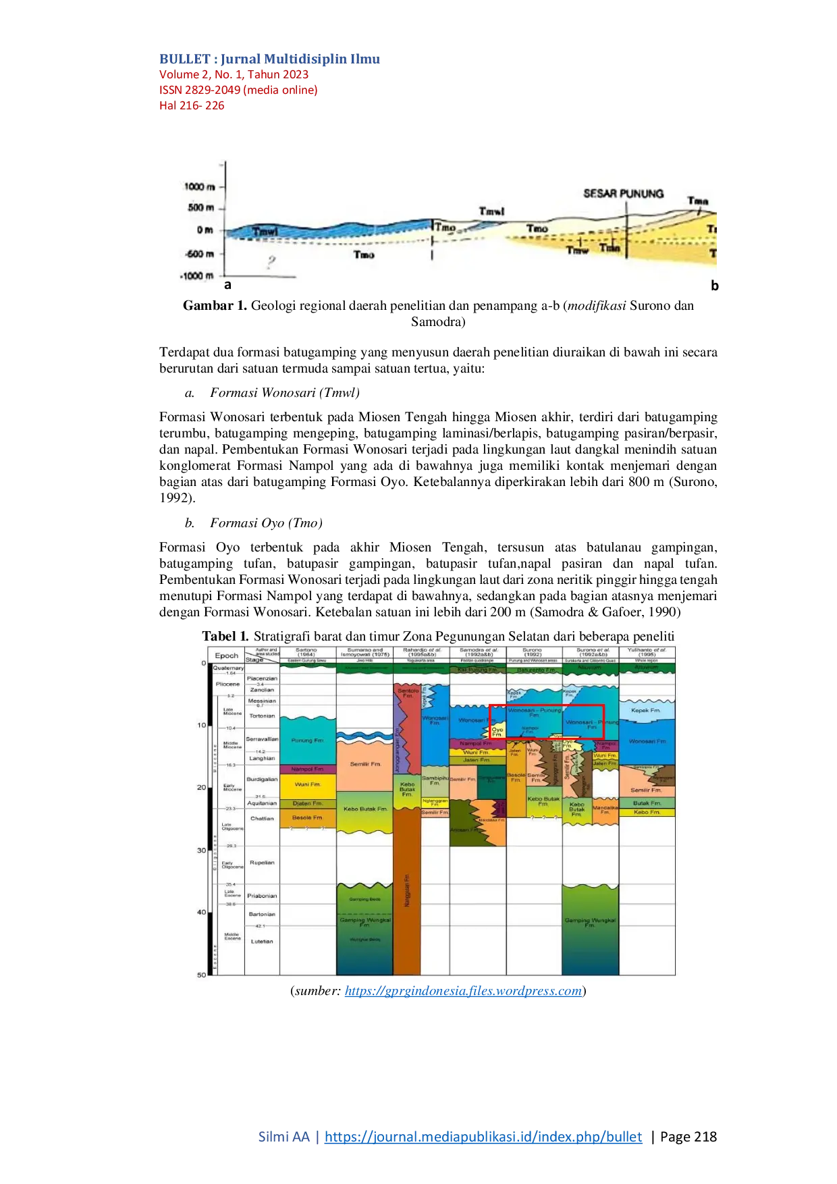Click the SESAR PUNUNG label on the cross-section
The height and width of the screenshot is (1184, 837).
tap(623, 194)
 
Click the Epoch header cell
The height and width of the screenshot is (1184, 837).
tap(226, 655)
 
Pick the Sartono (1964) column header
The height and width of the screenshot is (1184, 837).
tap(307, 653)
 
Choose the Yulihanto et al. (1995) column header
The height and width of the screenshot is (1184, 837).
tap(646, 653)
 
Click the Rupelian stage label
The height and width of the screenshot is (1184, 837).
tap(262, 863)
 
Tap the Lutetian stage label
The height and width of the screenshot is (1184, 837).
tap(262, 941)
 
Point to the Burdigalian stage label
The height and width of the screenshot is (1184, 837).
tap(262, 779)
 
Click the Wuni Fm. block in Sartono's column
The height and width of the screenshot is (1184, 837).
tap(307, 784)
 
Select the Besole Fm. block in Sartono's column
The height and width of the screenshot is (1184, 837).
tap(307, 817)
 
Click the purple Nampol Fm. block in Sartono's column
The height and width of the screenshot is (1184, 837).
tap(307, 769)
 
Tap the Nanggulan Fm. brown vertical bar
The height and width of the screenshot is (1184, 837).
tap(406, 891)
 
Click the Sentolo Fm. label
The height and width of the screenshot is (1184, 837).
tap(408, 693)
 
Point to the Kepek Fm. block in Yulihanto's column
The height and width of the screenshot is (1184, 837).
tap(646, 710)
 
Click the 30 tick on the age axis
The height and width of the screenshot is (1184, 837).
tap(201, 851)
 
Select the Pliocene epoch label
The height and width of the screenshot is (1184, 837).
tap(227, 684)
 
